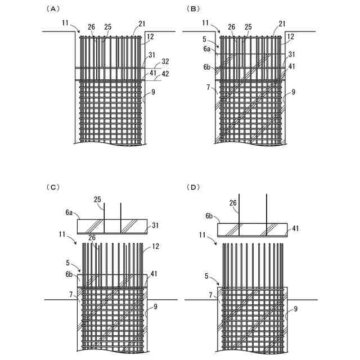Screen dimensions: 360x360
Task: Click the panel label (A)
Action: point(55,9)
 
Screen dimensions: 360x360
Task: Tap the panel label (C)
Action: point(55,187)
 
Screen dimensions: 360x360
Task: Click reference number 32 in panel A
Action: point(165,61)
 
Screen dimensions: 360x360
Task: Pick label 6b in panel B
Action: point(208,67)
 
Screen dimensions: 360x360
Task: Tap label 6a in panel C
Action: point(69,212)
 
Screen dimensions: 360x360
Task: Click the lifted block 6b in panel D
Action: point(252,229)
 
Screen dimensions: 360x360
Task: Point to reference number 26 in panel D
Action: point(233,203)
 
